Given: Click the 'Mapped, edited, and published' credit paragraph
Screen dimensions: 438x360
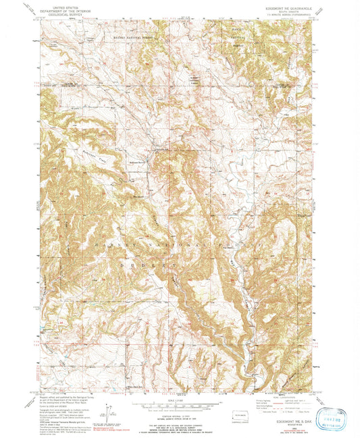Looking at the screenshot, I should [x=68, y=398].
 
